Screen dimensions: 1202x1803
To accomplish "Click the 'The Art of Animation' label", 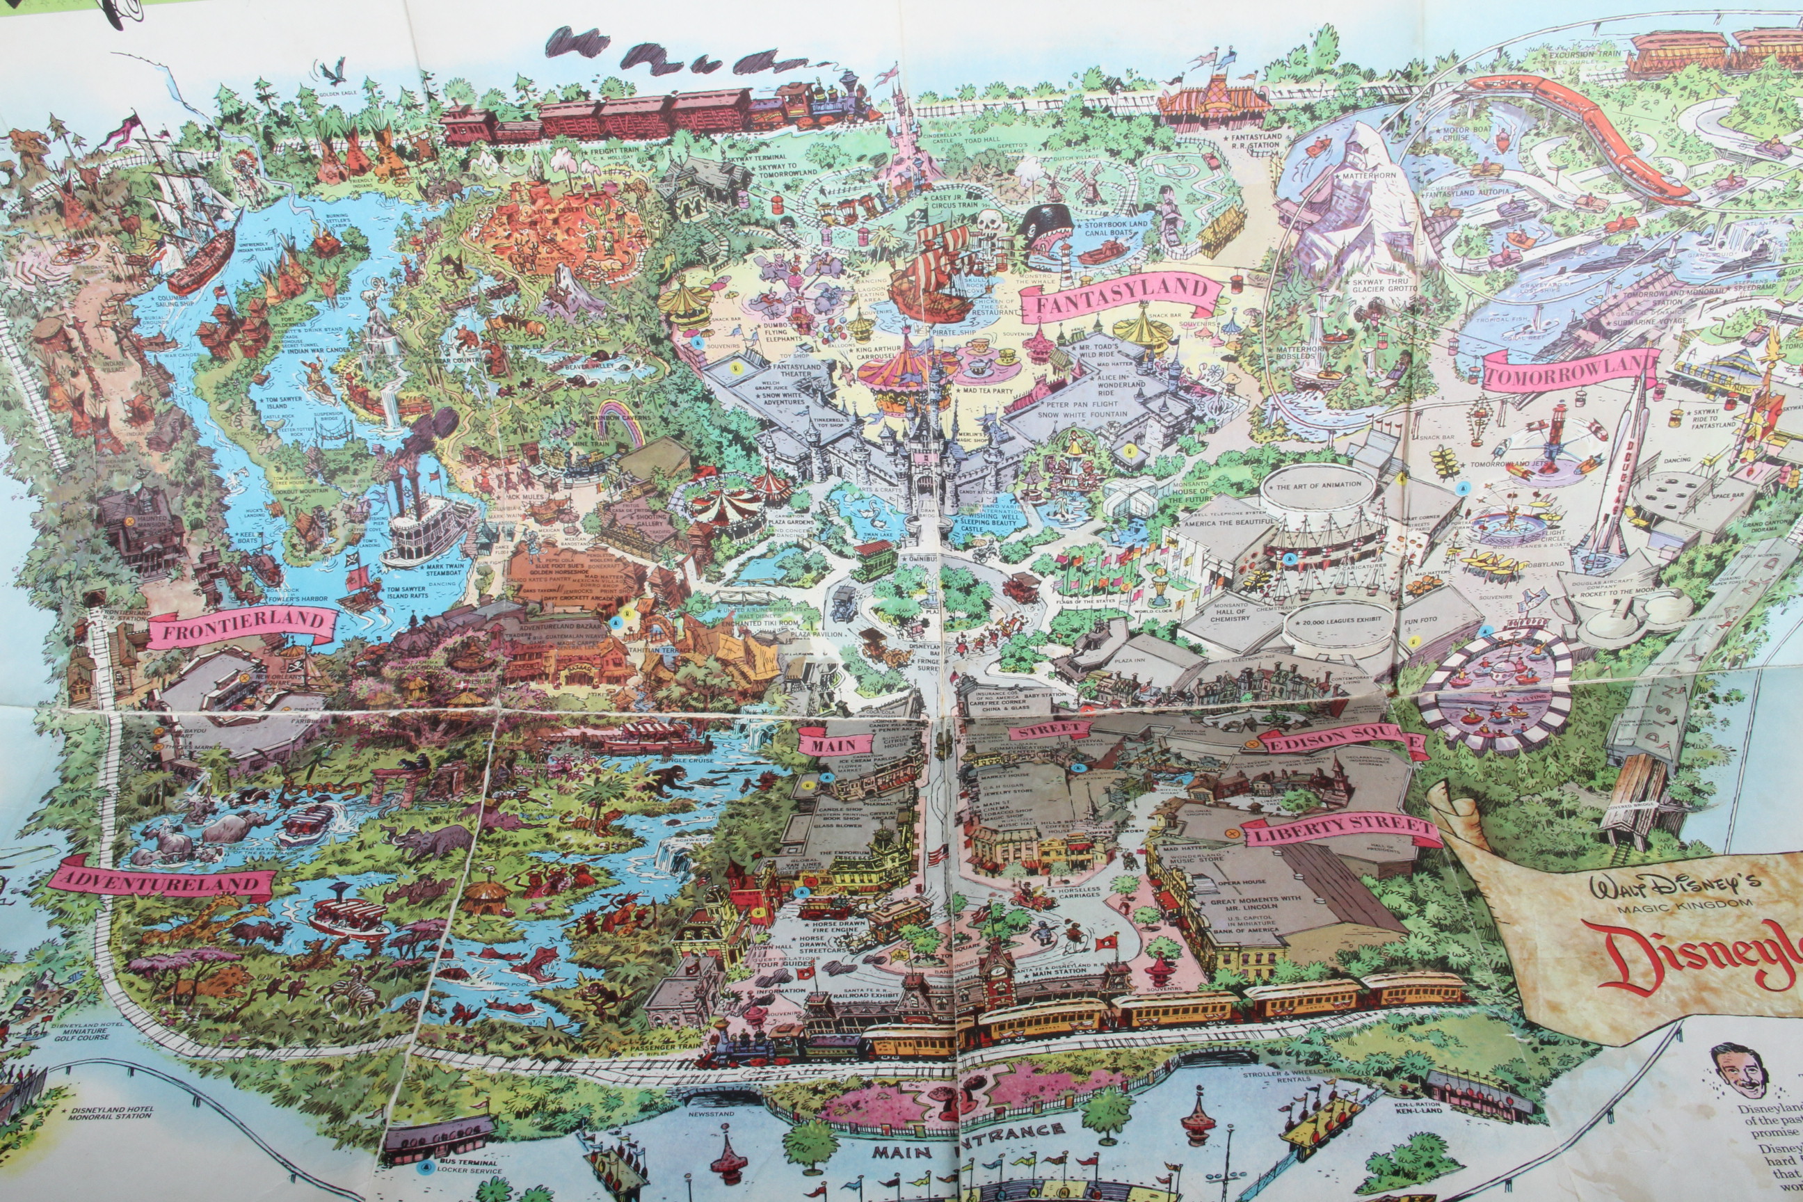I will [1319, 484].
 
